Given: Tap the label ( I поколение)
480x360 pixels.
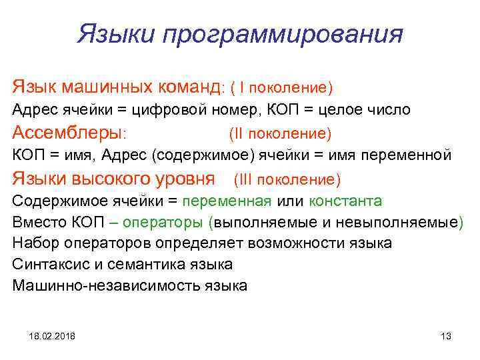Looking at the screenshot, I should pos(281,88).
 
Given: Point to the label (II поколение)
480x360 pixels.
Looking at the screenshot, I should pos(280,134).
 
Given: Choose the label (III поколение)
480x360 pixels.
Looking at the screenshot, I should pos(287,180).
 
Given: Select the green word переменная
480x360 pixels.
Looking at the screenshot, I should pos(227,201).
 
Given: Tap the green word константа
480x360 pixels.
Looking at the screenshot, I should pos(344,201).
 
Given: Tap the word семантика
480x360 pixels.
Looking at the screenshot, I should pos(135,264).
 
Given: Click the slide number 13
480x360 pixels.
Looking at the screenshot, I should pos(446,335).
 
